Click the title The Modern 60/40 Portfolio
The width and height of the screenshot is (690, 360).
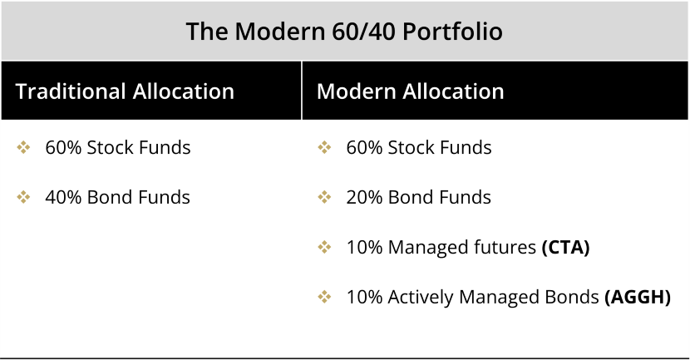[x=344, y=32]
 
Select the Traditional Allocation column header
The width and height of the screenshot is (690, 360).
[x=125, y=91]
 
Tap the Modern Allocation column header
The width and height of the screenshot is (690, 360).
[x=410, y=91]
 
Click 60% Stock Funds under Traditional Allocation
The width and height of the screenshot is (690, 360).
[x=117, y=148]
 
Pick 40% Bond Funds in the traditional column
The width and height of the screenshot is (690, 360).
[x=117, y=197]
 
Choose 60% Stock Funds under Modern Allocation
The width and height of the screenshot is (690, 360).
[x=418, y=148]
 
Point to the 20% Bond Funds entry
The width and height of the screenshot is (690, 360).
[x=418, y=197]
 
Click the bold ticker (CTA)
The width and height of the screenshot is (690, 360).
[x=565, y=247]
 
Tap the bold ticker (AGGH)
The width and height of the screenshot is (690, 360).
[x=638, y=297]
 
